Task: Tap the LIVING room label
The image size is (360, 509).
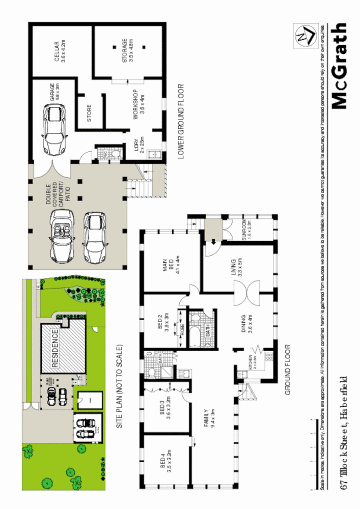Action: (236, 268)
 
